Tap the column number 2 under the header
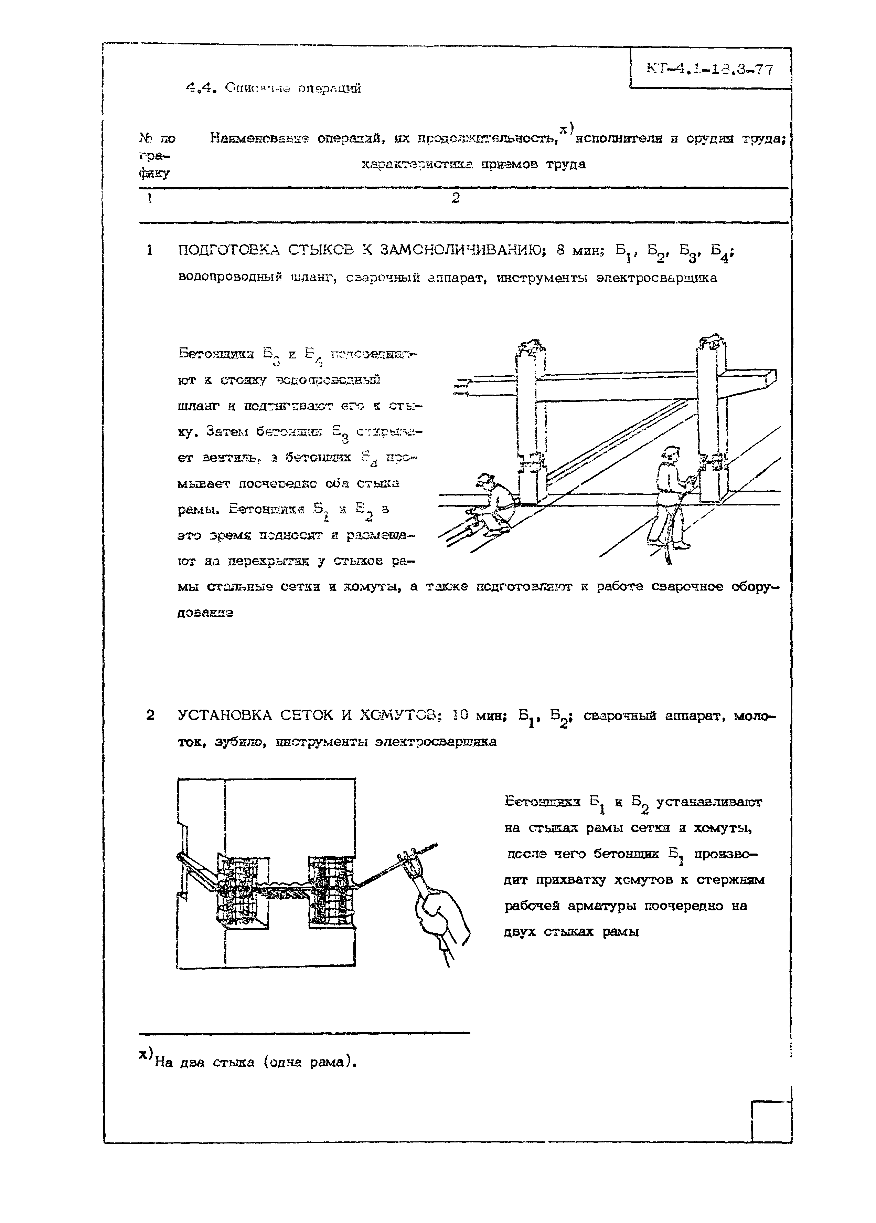[x=455, y=198]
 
